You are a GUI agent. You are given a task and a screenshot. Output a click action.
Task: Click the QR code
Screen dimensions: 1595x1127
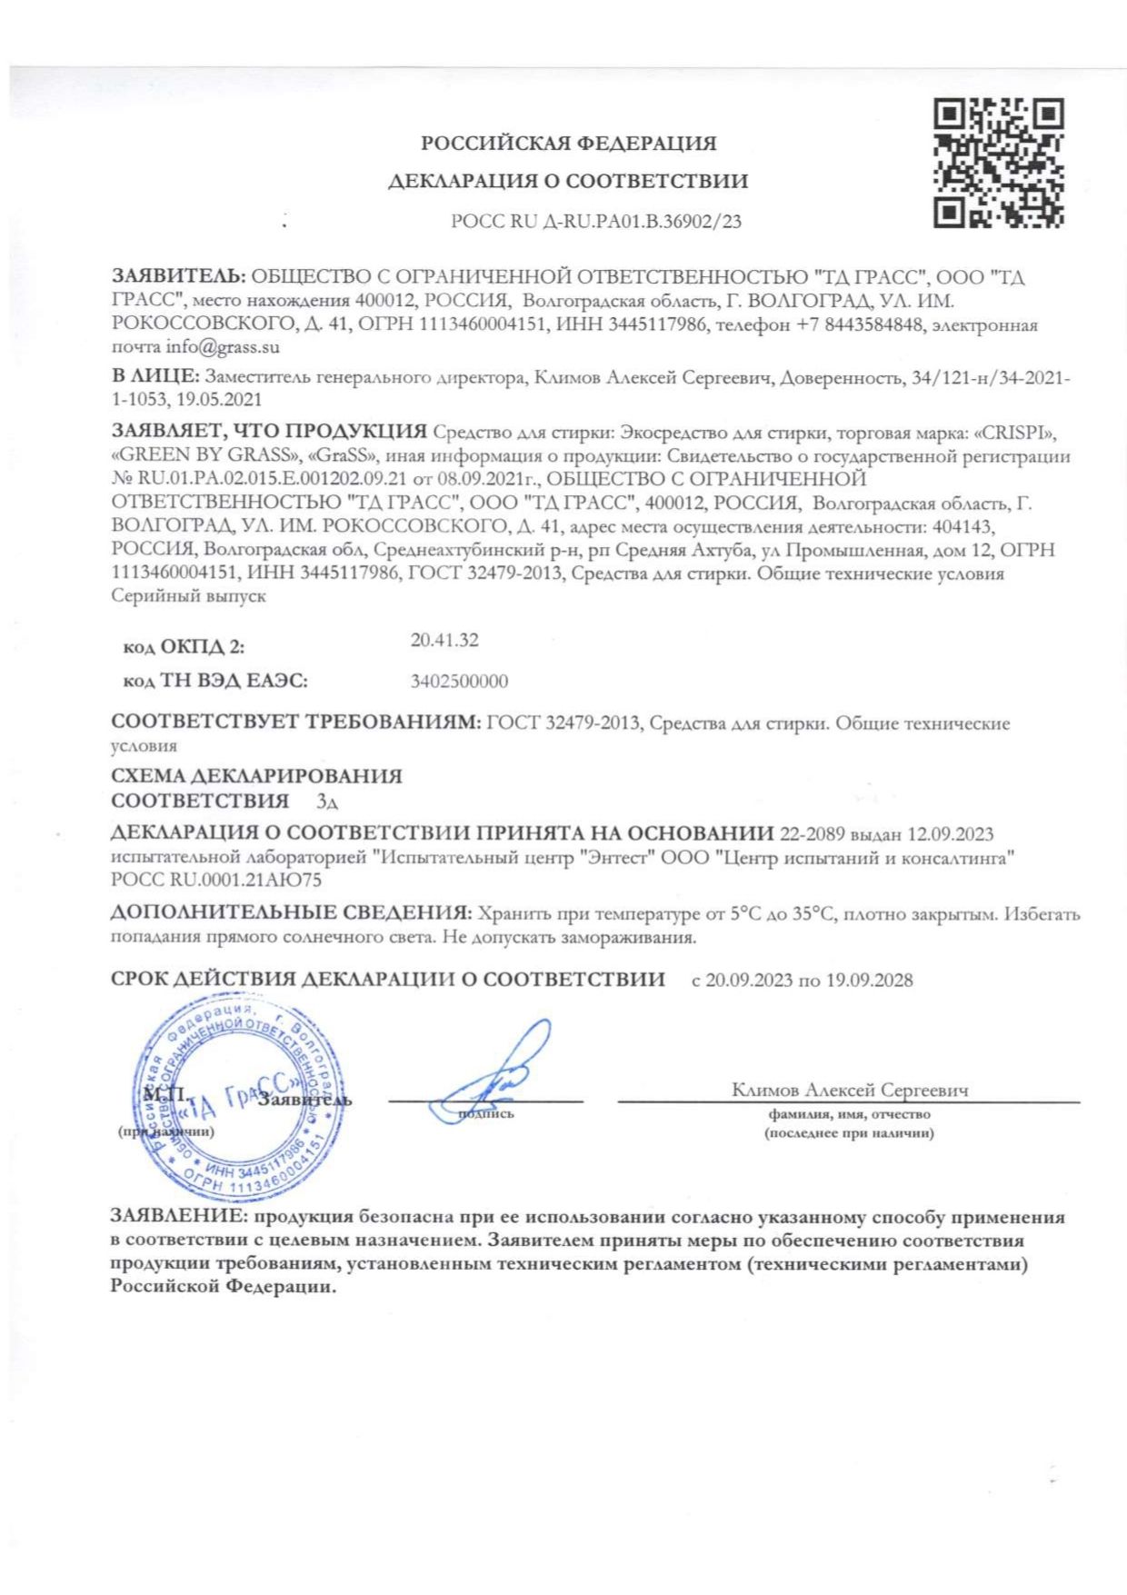pyautogui.click(x=998, y=163)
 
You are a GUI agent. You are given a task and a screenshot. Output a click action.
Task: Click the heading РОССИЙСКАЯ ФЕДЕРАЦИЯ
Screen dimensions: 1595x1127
pyautogui.click(x=568, y=144)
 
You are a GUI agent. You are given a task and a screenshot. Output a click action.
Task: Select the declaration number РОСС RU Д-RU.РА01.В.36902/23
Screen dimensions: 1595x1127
pyautogui.click(x=595, y=221)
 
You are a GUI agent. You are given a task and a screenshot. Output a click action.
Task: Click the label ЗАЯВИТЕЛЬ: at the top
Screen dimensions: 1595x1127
pyautogui.click(x=177, y=277)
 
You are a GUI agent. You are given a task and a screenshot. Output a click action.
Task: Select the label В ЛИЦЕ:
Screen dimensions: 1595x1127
pyautogui.click(x=155, y=376)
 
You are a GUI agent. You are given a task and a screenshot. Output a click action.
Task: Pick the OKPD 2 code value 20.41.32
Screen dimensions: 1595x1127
pyautogui.click(x=444, y=640)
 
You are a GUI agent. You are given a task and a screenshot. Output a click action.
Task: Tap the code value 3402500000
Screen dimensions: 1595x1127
pyautogui.click(x=459, y=681)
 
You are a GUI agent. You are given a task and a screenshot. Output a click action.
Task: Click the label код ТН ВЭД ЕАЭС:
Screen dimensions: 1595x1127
pyautogui.click(x=214, y=681)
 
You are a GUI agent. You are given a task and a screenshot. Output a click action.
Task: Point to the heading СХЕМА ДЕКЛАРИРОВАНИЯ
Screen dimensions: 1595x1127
pyautogui.click(x=256, y=776)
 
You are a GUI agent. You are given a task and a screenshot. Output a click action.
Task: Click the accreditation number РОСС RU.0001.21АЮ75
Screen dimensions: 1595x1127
pyautogui.click(x=216, y=879)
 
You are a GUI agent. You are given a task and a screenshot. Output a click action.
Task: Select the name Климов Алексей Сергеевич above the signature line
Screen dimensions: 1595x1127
pyautogui.click(x=850, y=1090)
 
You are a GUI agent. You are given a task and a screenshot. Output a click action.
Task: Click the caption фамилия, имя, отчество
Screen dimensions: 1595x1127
pyautogui.click(x=849, y=1114)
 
